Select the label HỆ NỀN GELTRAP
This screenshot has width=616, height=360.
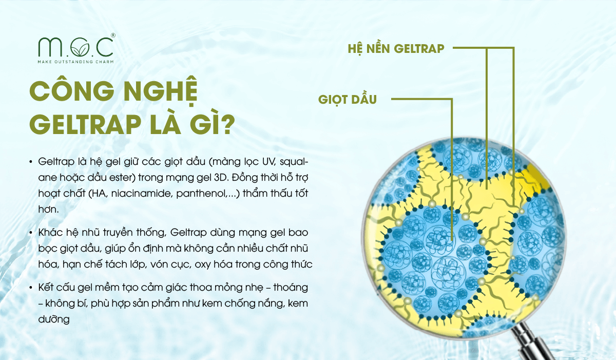395,49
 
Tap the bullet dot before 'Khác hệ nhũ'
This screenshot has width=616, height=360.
32,233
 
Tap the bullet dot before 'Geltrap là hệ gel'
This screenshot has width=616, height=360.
32,162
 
